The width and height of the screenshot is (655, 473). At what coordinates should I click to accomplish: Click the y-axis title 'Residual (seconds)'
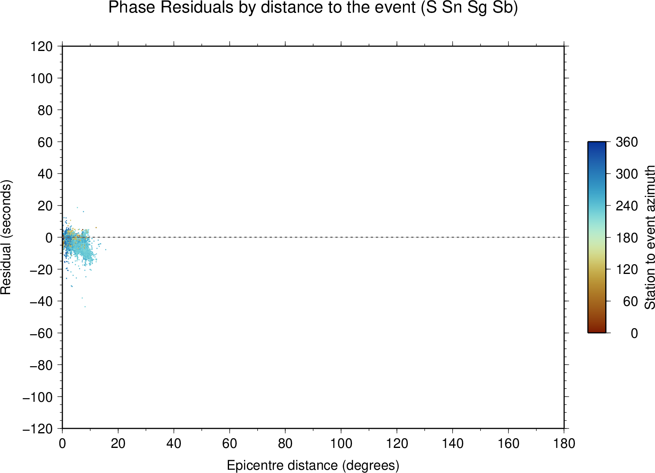pyautogui.click(x=6, y=237)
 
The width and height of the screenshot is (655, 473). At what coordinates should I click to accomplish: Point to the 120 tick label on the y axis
pyautogui.click(x=42, y=47)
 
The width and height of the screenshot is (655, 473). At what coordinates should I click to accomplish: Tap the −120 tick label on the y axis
pyautogui.click(x=38, y=429)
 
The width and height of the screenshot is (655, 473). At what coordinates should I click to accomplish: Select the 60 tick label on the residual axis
pyautogui.click(x=45, y=142)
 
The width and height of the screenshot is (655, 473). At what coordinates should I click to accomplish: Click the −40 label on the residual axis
pyautogui.click(x=41, y=301)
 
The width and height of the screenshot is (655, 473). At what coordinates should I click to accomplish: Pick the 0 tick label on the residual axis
pyautogui.click(x=49, y=238)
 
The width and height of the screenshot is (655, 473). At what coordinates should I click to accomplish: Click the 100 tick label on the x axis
pyautogui.click(x=341, y=444)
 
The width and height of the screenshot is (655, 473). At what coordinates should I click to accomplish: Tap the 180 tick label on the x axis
pyautogui.click(x=564, y=444)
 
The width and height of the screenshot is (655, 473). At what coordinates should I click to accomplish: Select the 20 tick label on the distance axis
pyautogui.click(x=118, y=444)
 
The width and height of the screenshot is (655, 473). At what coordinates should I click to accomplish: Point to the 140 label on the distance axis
pyautogui.click(x=452, y=444)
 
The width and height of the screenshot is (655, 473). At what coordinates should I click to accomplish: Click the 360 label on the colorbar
pyautogui.click(x=627, y=142)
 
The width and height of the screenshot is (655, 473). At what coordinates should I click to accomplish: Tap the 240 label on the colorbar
pyautogui.click(x=627, y=206)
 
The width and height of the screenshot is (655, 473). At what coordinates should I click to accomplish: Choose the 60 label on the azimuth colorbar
pyautogui.click(x=630, y=301)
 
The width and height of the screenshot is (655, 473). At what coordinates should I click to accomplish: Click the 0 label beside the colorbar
pyautogui.click(x=634, y=333)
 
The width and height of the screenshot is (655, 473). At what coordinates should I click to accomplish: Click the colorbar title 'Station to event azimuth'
pyautogui.click(x=649, y=237)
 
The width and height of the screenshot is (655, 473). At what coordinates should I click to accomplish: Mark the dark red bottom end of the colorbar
pyautogui.click(x=597, y=331)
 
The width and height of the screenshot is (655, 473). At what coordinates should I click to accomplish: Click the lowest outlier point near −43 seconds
pyautogui.click(x=85, y=307)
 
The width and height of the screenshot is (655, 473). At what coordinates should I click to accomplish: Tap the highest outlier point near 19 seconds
pyautogui.click(x=77, y=208)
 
